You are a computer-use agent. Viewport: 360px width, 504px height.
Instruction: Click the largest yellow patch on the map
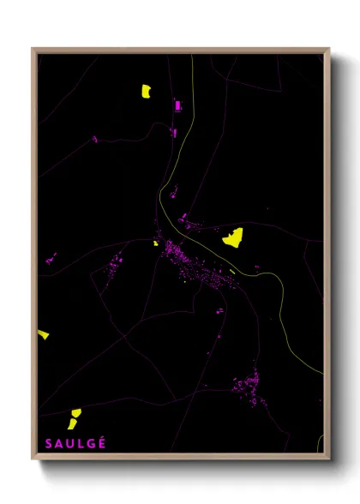[x=233, y=237]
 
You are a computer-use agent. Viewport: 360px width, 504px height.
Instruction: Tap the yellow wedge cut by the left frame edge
[x=42, y=333]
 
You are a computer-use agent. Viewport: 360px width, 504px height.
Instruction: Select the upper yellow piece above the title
[x=75, y=413]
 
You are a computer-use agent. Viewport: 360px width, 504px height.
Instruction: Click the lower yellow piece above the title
[x=72, y=423]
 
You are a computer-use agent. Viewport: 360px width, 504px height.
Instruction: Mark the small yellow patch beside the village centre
[x=156, y=243]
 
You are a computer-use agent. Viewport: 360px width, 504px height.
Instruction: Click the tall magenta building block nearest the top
[x=177, y=105]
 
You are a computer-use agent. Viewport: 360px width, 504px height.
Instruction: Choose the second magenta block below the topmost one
[x=175, y=132]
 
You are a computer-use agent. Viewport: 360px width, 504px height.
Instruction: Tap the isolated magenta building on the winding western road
[x=94, y=139]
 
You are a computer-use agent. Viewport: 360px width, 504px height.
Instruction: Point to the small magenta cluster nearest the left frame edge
[x=50, y=258]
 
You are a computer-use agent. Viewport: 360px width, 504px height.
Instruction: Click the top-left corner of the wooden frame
[x=33, y=49]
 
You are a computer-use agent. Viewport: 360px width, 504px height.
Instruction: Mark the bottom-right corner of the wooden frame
[x=328, y=457]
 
